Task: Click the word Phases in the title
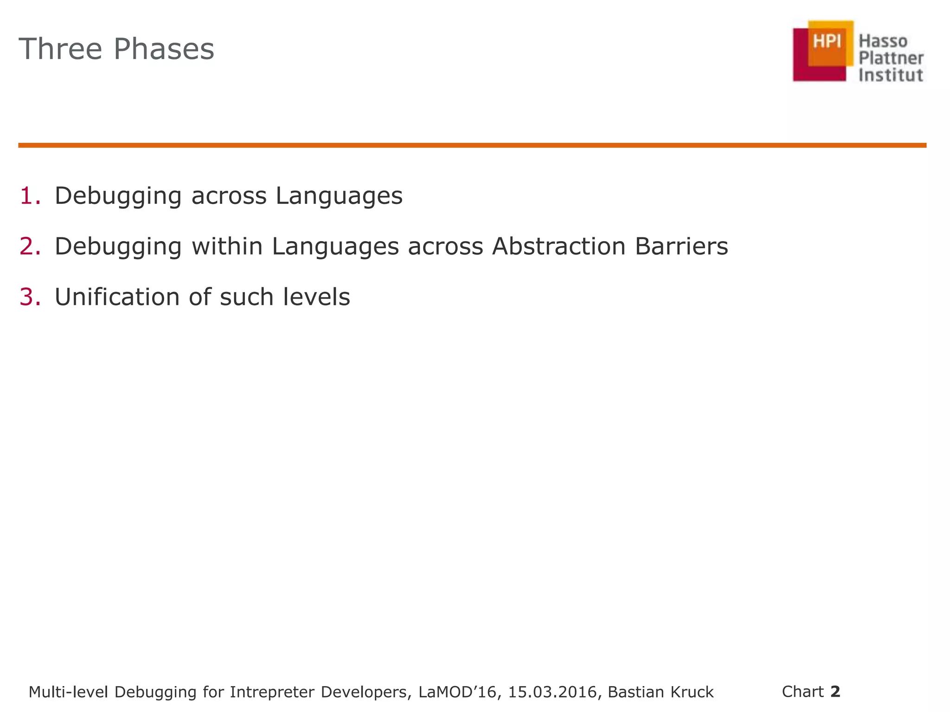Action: click(x=164, y=49)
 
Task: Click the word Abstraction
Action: click(x=558, y=246)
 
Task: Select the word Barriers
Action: click(x=681, y=246)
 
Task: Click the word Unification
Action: click(x=117, y=297)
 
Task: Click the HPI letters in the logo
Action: click(x=827, y=42)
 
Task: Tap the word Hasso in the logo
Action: click(x=883, y=41)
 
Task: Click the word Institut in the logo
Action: click(x=891, y=75)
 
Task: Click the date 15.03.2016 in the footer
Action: click(x=552, y=692)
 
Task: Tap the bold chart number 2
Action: click(x=835, y=692)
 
